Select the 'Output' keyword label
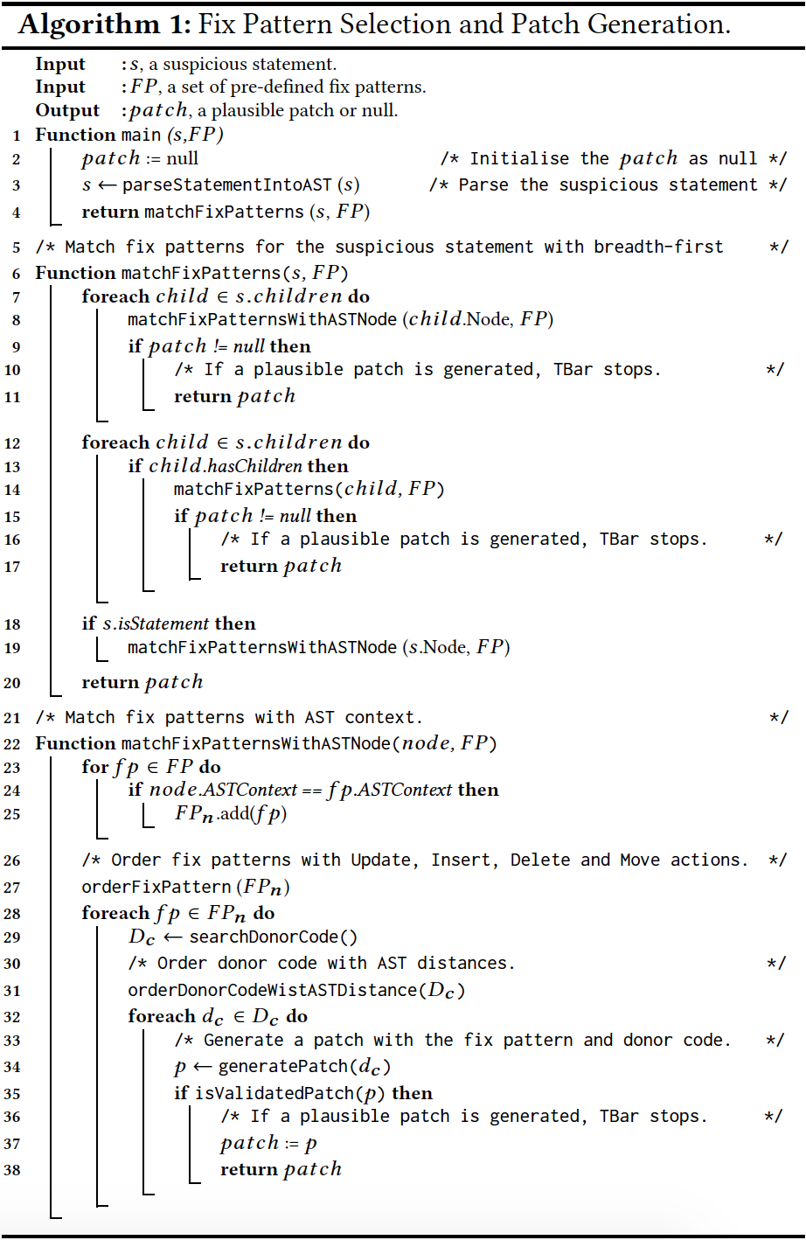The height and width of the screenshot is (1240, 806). click(67, 110)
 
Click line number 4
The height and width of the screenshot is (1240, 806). click(16, 212)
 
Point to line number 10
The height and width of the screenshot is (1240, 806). click(12, 370)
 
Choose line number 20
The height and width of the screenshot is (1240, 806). click(12, 683)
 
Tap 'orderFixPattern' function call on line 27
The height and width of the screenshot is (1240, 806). click(156, 887)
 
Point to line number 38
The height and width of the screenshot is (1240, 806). click(12, 1170)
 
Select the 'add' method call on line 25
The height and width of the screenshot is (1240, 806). click(235, 814)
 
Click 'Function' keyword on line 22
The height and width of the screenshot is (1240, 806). click(75, 743)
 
